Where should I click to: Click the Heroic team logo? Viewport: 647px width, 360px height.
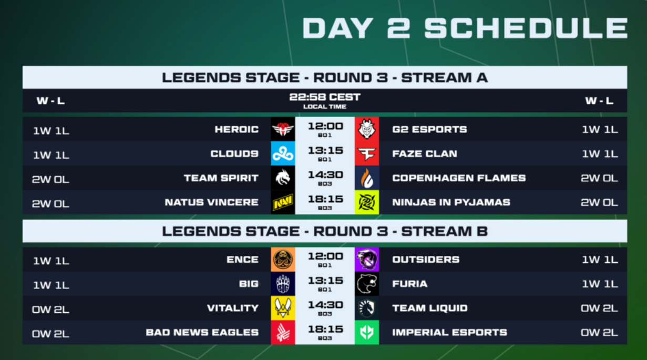pyautogui.click(x=283, y=129)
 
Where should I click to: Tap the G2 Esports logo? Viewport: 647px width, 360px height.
pyautogui.click(x=367, y=129)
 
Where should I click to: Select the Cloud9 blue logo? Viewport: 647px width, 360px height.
pyautogui.click(x=283, y=153)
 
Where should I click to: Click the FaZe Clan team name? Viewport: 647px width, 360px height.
pyautogui.click(x=425, y=153)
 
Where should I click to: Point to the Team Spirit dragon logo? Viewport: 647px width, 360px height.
pyautogui.click(x=283, y=178)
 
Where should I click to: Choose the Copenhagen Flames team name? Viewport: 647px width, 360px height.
pyautogui.click(x=459, y=178)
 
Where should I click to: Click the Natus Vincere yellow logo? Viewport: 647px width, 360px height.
pyautogui.click(x=283, y=202)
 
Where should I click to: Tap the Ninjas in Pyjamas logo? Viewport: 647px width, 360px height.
pyautogui.click(x=367, y=202)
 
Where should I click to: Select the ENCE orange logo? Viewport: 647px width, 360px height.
pyautogui.click(x=283, y=260)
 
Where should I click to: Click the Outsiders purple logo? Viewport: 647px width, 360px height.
pyautogui.click(x=367, y=260)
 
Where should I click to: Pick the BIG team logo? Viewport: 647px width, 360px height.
pyautogui.click(x=283, y=284)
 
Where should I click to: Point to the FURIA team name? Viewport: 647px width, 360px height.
pyautogui.click(x=409, y=284)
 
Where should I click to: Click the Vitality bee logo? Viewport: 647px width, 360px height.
pyautogui.click(x=283, y=308)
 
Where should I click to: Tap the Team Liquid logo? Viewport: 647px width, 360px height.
pyautogui.click(x=367, y=308)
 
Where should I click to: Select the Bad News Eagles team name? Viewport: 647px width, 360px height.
pyautogui.click(x=202, y=333)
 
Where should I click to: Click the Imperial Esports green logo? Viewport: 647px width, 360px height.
pyautogui.click(x=367, y=332)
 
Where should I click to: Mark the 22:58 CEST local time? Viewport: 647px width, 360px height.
pyautogui.click(x=325, y=97)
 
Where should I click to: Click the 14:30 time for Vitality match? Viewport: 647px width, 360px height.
pyautogui.click(x=325, y=305)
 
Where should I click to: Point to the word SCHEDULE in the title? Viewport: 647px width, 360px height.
pyautogui.click(x=526, y=28)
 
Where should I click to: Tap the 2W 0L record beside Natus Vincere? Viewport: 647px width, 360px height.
pyautogui.click(x=50, y=204)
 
